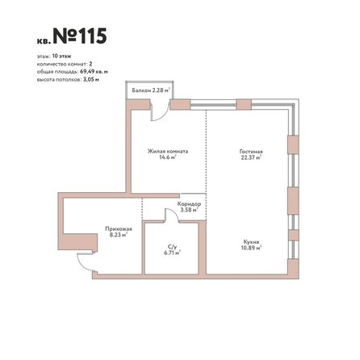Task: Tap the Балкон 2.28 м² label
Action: click(x=152, y=90)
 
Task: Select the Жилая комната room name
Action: click(x=168, y=151)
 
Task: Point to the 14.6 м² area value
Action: click(x=168, y=157)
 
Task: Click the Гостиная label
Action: click(x=251, y=152)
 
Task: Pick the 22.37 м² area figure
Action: click(x=251, y=157)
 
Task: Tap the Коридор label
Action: click(x=189, y=204)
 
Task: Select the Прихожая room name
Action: click(x=119, y=229)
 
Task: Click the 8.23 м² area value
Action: click(x=119, y=235)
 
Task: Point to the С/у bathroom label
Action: click(x=172, y=247)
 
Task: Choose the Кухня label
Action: click(x=251, y=241)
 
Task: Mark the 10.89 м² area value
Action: click(x=251, y=248)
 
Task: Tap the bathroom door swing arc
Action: click(x=174, y=213)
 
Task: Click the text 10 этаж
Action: click(x=61, y=57)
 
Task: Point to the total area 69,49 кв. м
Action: click(x=94, y=72)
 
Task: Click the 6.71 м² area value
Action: click(x=172, y=253)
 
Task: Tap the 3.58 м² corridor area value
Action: click(x=190, y=210)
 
